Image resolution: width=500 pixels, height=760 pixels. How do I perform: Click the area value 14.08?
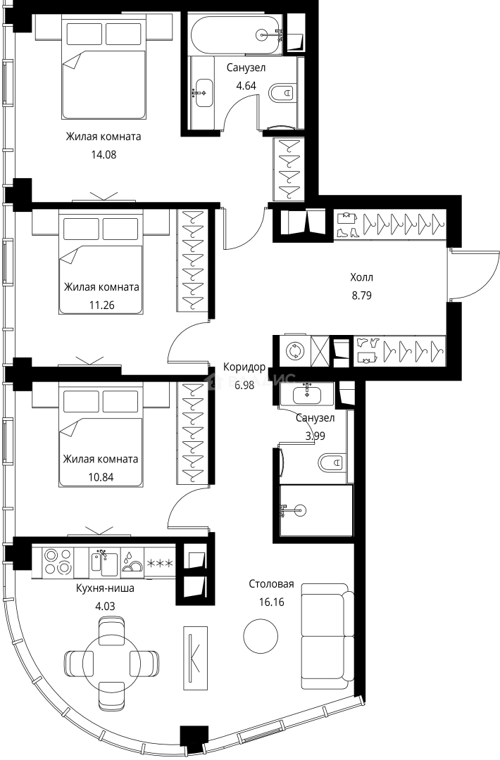coord(103,155)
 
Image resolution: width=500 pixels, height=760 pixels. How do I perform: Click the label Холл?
coord(362,277)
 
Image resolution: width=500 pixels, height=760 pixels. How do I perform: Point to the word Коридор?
coord(244,367)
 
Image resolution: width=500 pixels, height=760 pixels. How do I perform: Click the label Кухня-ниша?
coord(104,588)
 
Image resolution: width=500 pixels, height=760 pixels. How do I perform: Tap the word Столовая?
coord(271,585)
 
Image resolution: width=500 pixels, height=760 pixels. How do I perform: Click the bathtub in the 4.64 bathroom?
coord(237,33)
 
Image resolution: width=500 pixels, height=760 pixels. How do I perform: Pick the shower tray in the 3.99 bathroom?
coord(315,511)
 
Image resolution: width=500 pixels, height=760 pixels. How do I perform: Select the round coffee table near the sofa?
coord(260,636)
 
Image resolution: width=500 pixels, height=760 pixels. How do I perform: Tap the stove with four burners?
coord(58,561)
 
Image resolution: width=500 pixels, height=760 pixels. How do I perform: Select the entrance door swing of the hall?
coord(465,274)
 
